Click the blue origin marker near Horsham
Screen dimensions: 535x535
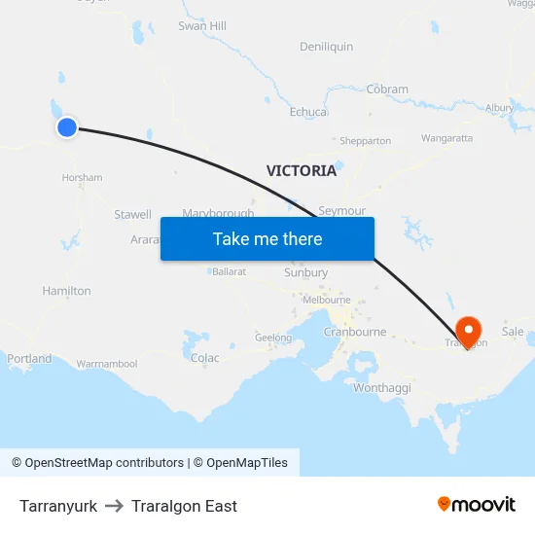[x=67, y=127]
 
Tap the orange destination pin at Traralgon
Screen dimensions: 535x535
[x=468, y=331]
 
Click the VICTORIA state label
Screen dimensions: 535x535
[x=302, y=171]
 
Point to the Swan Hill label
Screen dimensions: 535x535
[x=202, y=26]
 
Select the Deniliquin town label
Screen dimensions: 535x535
[x=327, y=47]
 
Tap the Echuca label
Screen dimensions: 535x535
[x=308, y=112]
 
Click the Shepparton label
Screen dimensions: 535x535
[x=365, y=141]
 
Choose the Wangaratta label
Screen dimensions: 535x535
[x=447, y=139]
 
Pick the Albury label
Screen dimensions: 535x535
[x=499, y=108]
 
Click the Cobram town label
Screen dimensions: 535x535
[x=387, y=89]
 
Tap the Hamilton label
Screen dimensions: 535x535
[x=66, y=291]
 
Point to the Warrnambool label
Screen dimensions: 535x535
[x=107, y=364]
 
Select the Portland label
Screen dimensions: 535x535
[x=29, y=359]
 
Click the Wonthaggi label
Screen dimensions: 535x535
[x=382, y=388]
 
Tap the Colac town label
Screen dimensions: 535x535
[x=205, y=358]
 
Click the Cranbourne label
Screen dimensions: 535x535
[x=354, y=332]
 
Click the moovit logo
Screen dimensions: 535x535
[x=477, y=504]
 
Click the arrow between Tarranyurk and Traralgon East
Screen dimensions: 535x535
[x=114, y=506]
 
